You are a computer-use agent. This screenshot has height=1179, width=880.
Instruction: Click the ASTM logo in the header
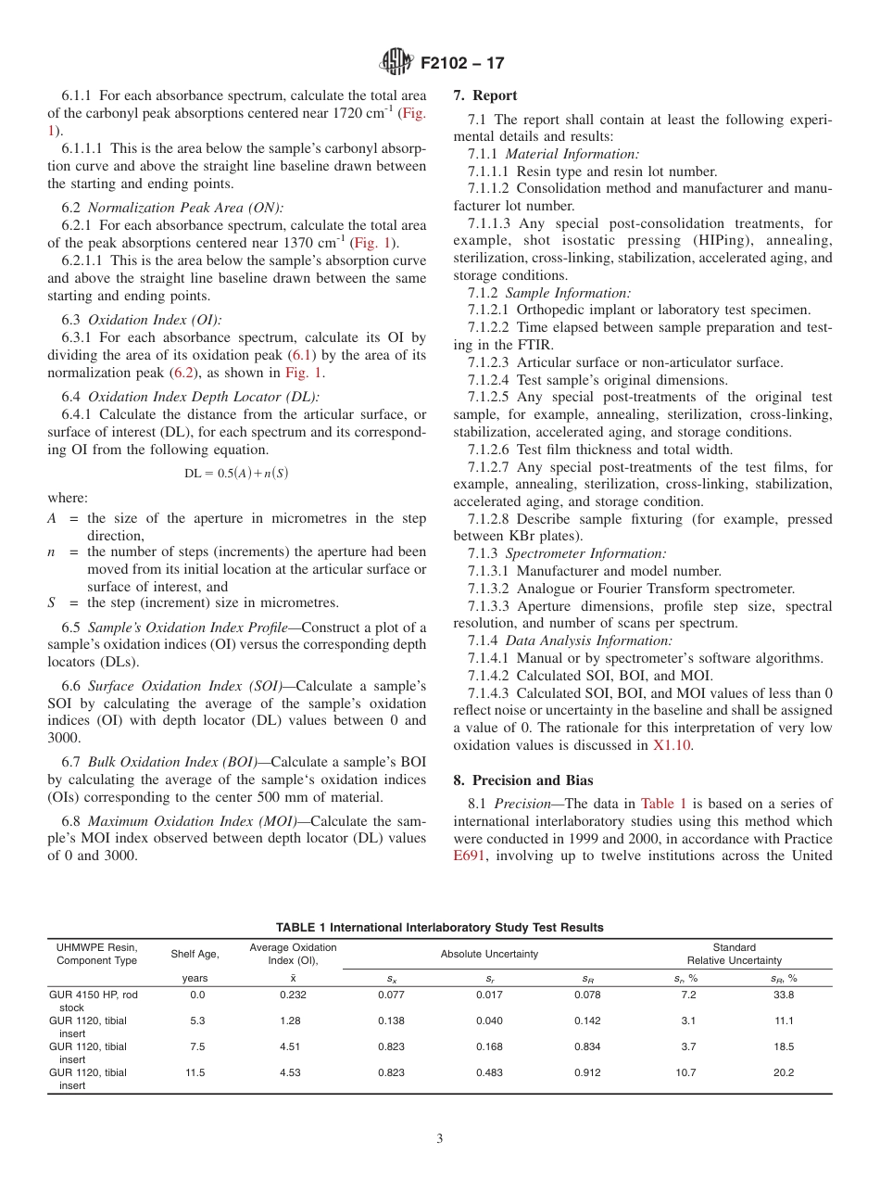(397, 64)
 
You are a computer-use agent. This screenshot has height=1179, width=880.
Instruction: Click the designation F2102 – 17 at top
(462, 64)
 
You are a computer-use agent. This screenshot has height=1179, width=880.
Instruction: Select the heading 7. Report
(485, 95)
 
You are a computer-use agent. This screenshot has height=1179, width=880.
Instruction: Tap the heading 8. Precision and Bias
(522, 780)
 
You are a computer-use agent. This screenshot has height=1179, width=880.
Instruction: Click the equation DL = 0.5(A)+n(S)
(236, 473)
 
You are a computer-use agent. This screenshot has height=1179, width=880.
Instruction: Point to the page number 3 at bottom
(440, 1138)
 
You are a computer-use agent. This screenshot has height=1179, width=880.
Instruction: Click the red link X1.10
(672, 744)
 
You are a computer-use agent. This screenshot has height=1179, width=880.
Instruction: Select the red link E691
(469, 856)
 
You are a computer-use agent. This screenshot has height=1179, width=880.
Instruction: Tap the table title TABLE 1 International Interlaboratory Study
(439, 927)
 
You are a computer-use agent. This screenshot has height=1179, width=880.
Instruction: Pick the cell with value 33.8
(784, 995)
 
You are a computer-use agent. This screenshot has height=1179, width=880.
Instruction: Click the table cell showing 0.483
(489, 1072)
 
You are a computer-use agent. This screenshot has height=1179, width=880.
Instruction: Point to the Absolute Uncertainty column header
(489, 954)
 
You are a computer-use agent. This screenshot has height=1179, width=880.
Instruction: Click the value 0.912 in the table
(587, 1072)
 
